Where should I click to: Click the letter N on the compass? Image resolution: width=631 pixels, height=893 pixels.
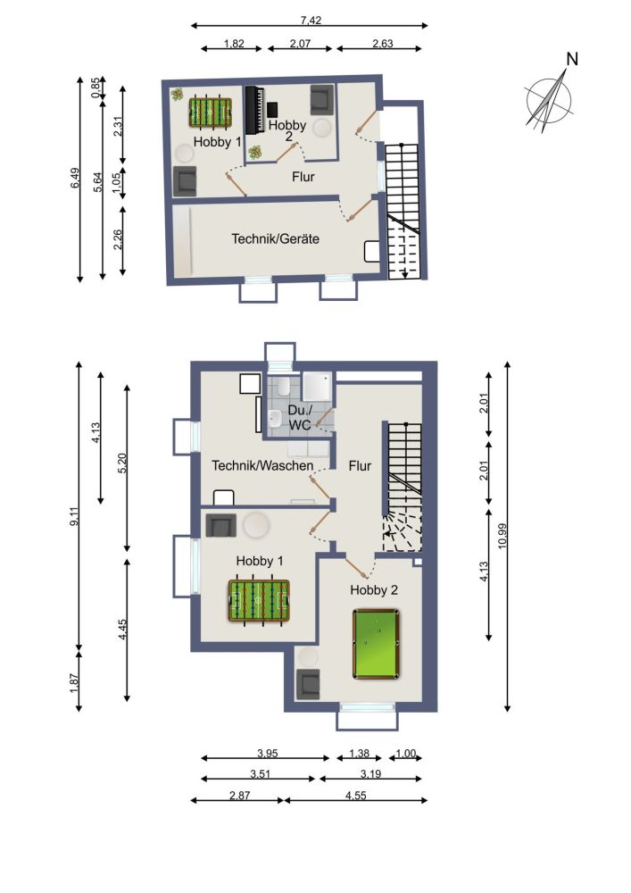[x=573, y=60]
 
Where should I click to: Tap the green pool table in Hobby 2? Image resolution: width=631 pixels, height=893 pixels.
[x=376, y=644]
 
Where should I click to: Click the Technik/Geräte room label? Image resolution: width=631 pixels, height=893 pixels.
[x=276, y=239]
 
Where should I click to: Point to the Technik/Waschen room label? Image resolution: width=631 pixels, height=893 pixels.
[x=262, y=466]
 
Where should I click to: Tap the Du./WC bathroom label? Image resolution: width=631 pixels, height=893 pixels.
[x=299, y=418]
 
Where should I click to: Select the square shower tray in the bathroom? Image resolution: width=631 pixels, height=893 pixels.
[x=317, y=386]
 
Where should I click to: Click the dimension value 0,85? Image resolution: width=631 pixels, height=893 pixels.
[x=96, y=87]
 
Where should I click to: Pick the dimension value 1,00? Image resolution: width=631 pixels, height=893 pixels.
[x=405, y=754]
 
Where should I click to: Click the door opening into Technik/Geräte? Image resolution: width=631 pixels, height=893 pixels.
[x=359, y=211]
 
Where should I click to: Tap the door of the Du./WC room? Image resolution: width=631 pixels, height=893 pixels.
[x=324, y=427]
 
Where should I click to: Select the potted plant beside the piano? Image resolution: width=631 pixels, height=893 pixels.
[x=256, y=152]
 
